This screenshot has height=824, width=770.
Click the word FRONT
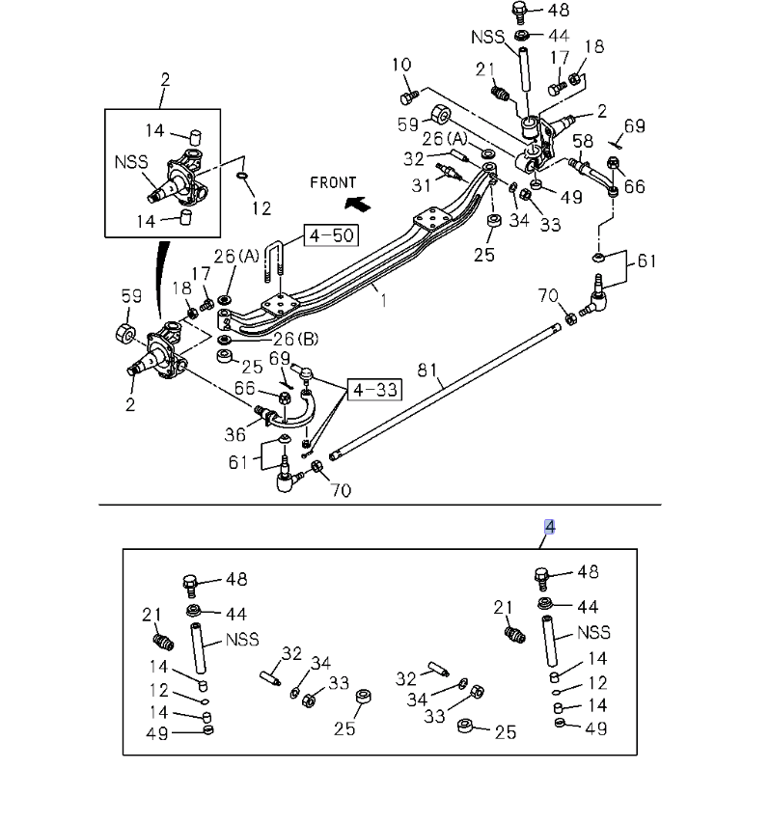333,182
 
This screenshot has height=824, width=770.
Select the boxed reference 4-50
329,235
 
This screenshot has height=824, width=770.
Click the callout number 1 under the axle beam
383,300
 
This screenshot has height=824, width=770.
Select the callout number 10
401,66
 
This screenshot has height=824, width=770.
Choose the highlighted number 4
549,526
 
